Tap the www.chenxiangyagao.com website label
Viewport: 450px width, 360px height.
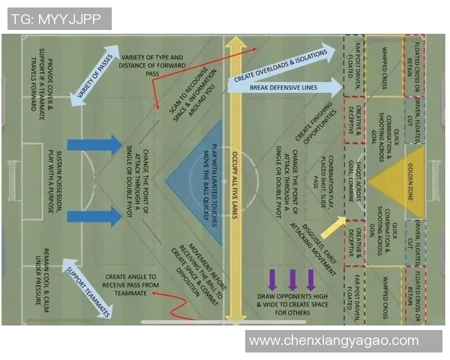click(x=334, y=340)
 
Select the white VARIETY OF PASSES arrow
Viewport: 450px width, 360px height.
click(x=96, y=76)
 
